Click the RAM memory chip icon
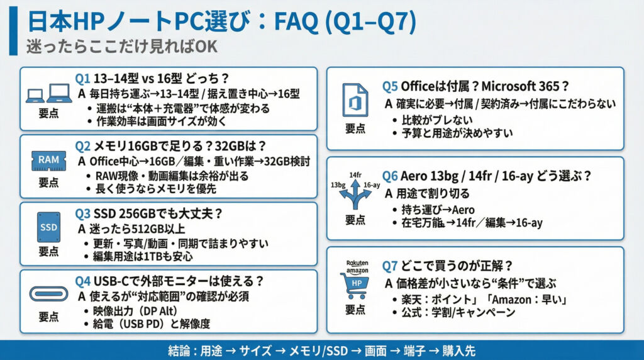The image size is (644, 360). (49, 160)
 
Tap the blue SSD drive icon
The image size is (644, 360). (49, 227)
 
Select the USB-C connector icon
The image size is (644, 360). (49, 294)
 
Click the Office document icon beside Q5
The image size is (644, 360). (355, 100)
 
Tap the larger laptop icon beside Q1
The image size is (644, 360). (60, 93)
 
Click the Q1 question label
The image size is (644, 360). (82, 78)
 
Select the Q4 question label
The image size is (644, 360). (82, 281)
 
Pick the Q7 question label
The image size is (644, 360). (389, 266)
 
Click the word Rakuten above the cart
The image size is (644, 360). (357, 263)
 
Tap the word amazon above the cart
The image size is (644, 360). (357, 271)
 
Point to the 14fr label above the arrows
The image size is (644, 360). (355, 175)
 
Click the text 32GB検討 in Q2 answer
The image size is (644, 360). (287, 161)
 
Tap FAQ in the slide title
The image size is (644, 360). (296, 22)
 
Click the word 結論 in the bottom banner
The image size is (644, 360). (179, 351)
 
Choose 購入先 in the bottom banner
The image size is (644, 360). (458, 351)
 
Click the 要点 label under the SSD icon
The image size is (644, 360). (48, 252)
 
